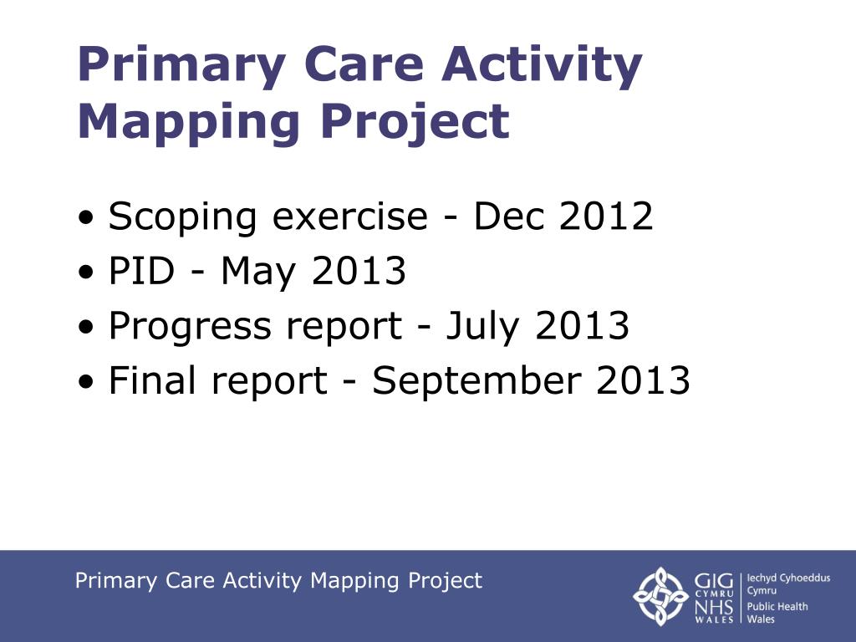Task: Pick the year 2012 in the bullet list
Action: coord(605,216)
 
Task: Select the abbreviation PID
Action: coord(141,271)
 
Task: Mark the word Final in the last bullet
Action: coord(152,380)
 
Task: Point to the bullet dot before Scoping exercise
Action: coord(86,218)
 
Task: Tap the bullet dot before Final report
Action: coord(86,382)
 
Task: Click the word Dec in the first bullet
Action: coord(509,217)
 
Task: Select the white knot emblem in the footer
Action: coord(660,596)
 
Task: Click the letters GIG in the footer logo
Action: coord(714,581)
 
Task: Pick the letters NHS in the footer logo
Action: coord(714,607)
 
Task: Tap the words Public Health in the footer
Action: coord(777,607)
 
